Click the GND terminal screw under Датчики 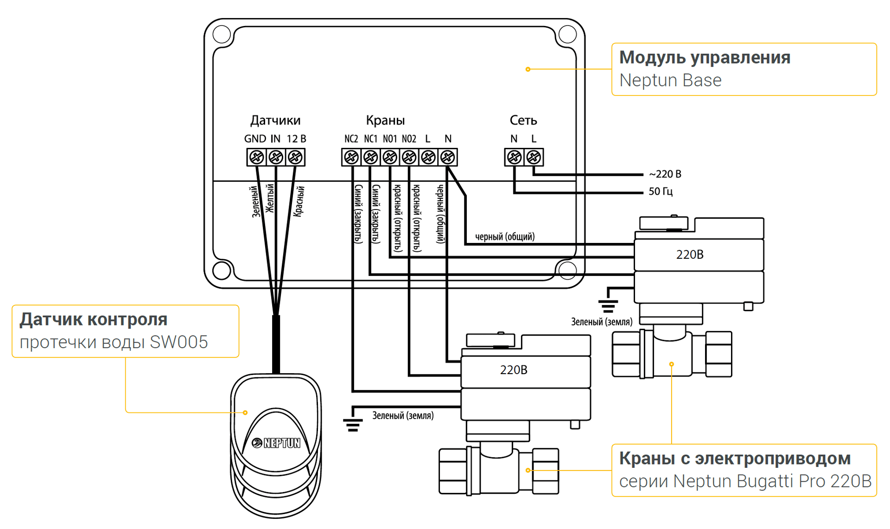256,157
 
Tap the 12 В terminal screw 295,157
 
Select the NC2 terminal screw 351,157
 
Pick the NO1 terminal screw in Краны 390,157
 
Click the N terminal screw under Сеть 514,157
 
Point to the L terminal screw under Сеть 534,157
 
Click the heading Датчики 275,121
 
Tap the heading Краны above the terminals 385,121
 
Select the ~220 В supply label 665,174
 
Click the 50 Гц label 661,191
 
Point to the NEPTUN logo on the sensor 276,443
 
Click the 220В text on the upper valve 690,255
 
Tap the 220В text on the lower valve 514,370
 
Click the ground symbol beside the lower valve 353,424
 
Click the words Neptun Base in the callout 670,81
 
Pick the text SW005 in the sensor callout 179,342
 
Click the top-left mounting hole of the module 222,34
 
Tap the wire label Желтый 270,198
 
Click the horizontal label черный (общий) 505,237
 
